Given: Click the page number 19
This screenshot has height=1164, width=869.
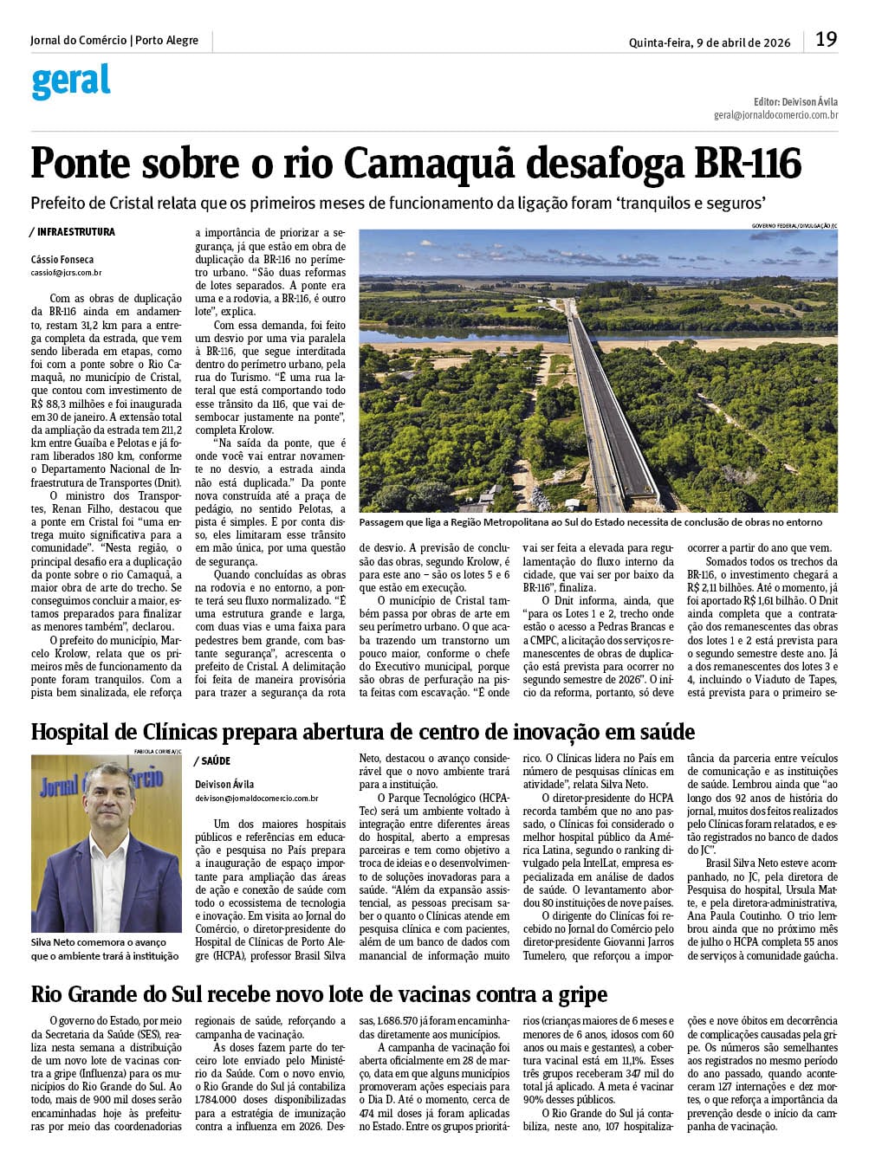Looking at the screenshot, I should pos(826,40).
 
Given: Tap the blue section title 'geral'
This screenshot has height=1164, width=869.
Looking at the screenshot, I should pos(71,81).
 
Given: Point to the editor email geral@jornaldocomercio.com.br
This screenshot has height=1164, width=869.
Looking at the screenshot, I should pos(775,115).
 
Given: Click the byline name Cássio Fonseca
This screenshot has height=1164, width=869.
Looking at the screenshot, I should pos(62,260).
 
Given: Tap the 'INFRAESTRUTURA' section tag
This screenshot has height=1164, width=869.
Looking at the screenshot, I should pos(75,232).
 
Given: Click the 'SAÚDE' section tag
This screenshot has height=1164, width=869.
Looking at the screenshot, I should pos(215,761).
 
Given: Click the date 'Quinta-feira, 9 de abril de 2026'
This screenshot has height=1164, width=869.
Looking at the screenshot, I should pos(710,42).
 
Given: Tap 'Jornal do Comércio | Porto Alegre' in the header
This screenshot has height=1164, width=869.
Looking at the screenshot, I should pos(113,41).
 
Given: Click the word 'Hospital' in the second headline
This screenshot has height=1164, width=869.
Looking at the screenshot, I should pos(70,733).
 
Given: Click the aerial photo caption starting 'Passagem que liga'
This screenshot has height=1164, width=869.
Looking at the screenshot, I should pos(590,522).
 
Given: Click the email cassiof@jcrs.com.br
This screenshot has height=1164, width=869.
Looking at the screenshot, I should pos(66,273).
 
